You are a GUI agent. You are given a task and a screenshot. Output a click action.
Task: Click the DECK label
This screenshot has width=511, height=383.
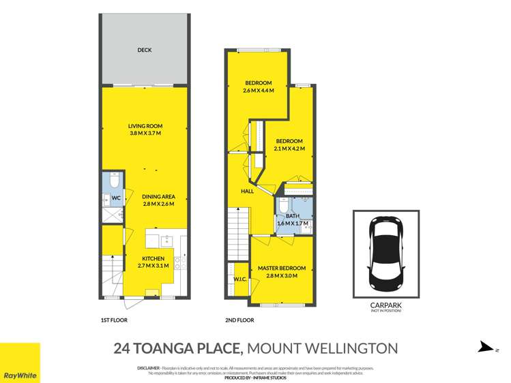144,50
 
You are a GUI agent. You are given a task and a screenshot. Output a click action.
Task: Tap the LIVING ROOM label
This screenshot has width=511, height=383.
145,126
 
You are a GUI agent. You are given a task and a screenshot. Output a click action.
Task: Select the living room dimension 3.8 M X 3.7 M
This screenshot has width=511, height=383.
145,134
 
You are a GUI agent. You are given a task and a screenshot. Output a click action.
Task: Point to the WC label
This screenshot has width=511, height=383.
117,199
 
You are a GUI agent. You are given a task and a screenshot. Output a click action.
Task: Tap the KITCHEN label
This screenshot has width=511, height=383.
153,258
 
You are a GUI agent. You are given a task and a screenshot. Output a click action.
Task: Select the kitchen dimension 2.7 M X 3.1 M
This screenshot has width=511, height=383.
153,266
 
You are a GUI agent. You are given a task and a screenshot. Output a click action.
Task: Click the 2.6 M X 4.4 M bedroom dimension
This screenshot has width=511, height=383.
259,91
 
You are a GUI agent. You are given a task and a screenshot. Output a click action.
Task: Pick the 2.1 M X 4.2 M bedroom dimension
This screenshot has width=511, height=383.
289,149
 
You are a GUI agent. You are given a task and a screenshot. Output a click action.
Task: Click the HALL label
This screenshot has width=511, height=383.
247,191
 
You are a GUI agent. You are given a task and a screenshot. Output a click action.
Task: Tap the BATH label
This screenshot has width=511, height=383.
293,215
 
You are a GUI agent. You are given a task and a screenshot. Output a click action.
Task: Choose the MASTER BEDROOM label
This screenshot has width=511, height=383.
281,269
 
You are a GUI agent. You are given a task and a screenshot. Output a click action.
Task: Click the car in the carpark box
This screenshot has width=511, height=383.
386,254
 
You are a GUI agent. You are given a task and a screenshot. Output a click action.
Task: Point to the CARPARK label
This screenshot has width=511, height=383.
386,306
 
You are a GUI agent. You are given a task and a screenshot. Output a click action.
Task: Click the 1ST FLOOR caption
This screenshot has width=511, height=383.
115,320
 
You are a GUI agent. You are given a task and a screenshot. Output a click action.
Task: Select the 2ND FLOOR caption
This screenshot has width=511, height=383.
239,320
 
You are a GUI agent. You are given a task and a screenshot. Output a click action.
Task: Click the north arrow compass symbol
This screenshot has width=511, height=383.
484,348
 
